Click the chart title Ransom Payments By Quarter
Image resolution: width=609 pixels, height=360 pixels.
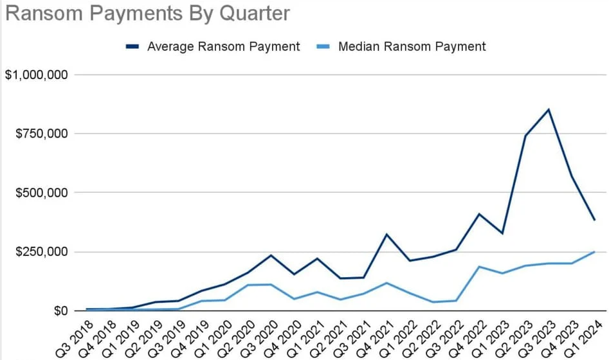point(147,14)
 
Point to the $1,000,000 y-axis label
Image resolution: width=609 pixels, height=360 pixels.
point(37,75)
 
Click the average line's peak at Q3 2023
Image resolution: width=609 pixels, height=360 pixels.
point(549,109)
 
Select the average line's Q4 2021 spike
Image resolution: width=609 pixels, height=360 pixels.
point(386,234)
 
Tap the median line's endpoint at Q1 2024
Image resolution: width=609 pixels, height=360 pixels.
point(595,252)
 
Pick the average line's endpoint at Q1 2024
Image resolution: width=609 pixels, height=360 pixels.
point(595,220)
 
